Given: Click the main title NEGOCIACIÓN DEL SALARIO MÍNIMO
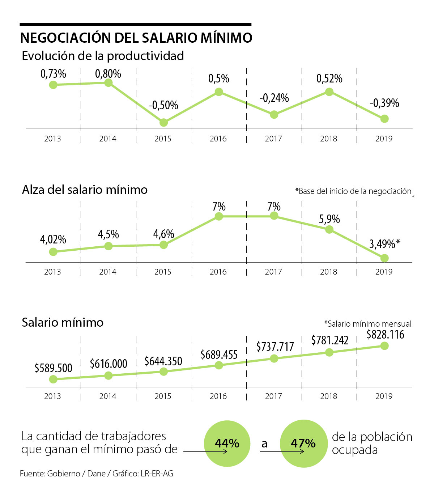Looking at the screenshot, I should tap(136, 38).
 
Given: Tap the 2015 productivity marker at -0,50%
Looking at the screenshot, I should tap(163, 122).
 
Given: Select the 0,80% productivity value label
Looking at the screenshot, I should tap(108, 74).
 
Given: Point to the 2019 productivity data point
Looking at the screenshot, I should tap(384, 119).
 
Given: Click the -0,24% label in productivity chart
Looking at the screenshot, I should tap(274, 98).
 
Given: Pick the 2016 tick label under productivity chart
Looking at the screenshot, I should tap(218, 139).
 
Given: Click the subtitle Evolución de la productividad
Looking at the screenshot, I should tap(103, 56).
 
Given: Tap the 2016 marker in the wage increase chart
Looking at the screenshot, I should tap(218, 216).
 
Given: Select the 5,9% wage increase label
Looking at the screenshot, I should tap(329, 219).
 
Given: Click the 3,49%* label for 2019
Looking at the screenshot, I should tap(384, 244).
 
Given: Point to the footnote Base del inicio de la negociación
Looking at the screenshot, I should tap(353, 191).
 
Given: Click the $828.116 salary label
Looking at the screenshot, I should tap(385, 335).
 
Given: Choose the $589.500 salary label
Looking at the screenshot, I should tap(54, 368).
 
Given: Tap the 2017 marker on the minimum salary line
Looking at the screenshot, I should tap(274, 358).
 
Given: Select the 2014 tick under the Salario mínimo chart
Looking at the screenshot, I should tap(108, 396).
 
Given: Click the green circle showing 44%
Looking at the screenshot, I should tap(227, 443).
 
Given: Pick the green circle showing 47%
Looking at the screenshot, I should tap(303, 443).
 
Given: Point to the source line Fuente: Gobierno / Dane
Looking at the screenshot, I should tap(97, 474).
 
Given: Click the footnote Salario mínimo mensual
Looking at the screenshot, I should tap(367, 324).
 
